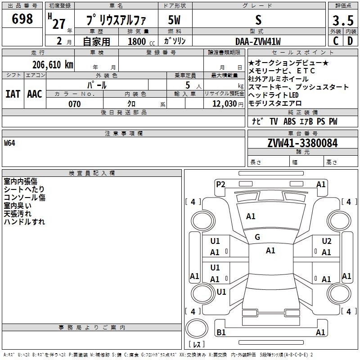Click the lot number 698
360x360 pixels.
click(22, 18)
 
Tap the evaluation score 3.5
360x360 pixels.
click(343, 21)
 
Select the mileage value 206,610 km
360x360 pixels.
click(53, 65)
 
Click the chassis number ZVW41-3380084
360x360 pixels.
click(302, 143)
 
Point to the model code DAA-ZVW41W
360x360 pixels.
click(258, 41)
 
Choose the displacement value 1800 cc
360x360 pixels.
click(141, 41)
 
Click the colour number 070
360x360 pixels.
click(75, 104)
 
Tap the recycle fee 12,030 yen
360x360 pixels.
click(228, 104)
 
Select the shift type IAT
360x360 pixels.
click(13, 94)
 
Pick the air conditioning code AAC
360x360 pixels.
click(35, 94)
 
